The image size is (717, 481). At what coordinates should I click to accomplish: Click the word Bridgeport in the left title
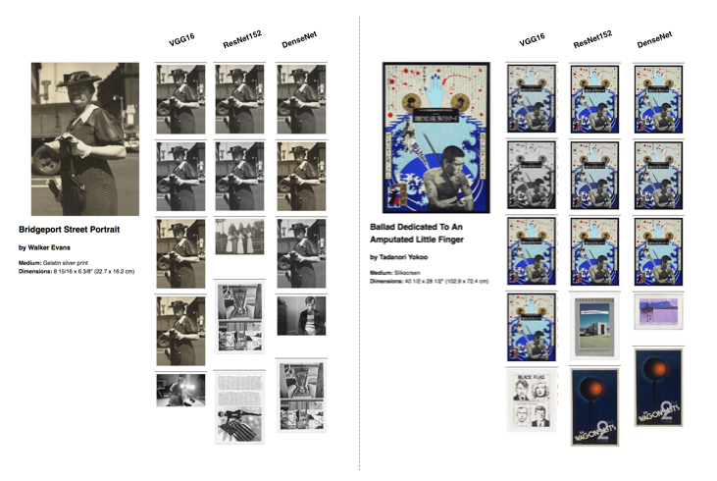tap(48, 229)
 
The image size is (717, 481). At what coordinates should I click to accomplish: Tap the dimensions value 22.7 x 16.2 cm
tap(107, 271)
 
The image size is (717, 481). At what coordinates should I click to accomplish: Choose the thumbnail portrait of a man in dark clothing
tap(301, 314)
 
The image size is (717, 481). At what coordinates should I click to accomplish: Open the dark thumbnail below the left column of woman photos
tap(180, 390)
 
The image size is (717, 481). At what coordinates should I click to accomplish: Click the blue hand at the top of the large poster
tap(434, 93)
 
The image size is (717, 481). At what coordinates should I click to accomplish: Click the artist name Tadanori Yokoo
tap(407, 257)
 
